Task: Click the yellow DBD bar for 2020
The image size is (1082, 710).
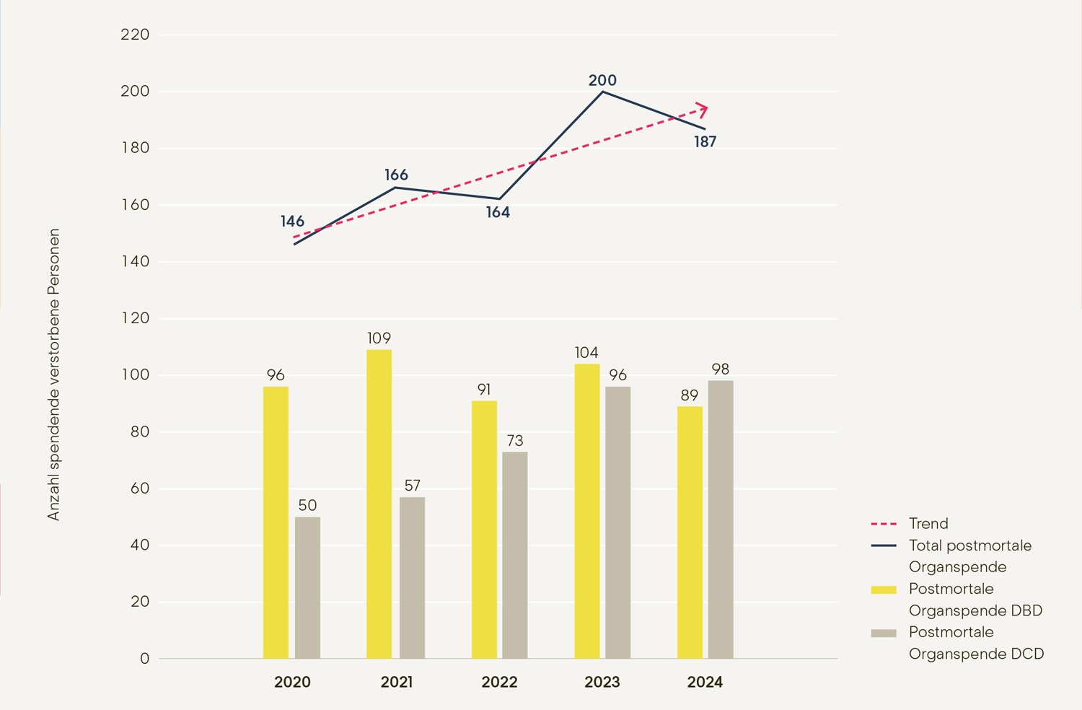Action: [x=276, y=522]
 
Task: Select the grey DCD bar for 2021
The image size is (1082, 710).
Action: [x=412, y=577]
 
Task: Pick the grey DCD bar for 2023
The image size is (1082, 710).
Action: [x=617, y=522]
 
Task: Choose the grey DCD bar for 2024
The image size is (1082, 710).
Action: [x=721, y=520]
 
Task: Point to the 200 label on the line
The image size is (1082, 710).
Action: [x=602, y=80]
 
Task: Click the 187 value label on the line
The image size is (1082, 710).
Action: [x=705, y=142]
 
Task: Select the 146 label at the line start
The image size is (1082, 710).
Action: [x=292, y=222]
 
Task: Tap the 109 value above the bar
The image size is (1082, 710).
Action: [x=379, y=338]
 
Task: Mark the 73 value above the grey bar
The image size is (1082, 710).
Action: [x=515, y=440]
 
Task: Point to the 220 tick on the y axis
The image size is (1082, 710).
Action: [x=135, y=35]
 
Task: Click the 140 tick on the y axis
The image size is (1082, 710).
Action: [x=135, y=261]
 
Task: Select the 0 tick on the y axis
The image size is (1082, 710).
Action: [x=145, y=658]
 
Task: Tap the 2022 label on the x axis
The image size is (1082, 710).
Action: [x=499, y=682]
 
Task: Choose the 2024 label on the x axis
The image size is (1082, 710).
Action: [x=705, y=682]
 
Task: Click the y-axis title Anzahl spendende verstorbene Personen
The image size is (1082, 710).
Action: [x=54, y=374]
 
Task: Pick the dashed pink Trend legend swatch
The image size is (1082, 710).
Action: [x=884, y=524]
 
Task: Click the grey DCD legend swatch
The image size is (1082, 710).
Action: [x=884, y=633]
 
